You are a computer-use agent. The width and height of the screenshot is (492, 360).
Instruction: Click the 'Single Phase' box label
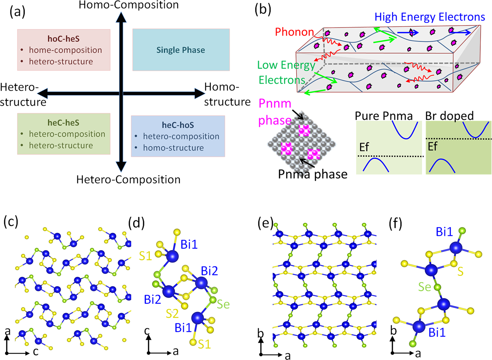point(180,50)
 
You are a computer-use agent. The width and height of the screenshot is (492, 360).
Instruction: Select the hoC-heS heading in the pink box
point(64,39)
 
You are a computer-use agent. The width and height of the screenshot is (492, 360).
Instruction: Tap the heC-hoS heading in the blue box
point(178,125)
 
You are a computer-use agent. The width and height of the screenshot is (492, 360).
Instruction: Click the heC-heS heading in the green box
point(63,123)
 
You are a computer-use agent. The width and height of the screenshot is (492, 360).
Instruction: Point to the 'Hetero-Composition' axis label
point(128,180)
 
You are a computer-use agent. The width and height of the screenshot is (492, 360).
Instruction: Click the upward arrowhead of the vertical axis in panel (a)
point(121,17)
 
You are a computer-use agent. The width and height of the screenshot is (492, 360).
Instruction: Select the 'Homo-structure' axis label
point(227,94)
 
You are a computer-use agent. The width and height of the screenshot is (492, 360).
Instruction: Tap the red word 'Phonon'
point(294,32)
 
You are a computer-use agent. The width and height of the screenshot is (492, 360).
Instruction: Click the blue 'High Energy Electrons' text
point(429,17)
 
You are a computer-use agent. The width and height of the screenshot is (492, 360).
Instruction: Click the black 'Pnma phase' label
point(313,174)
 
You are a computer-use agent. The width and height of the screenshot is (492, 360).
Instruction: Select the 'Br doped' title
point(449,116)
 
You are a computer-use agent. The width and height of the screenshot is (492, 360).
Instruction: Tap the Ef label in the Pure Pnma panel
point(364,147)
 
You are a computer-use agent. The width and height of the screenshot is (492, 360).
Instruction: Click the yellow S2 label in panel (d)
point(172,314)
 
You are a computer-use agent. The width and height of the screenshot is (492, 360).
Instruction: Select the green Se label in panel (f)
point(425,287)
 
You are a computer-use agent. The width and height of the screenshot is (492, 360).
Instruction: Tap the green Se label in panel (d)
point(223,304)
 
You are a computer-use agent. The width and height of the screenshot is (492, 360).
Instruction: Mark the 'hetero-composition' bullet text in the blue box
point(181,136)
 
